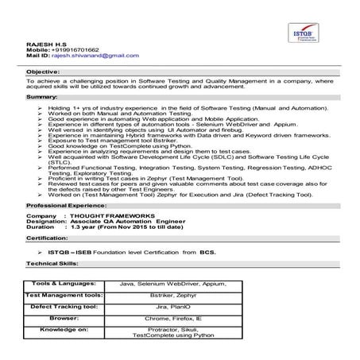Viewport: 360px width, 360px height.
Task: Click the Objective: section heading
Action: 45,72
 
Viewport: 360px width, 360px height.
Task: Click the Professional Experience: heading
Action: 63,205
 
